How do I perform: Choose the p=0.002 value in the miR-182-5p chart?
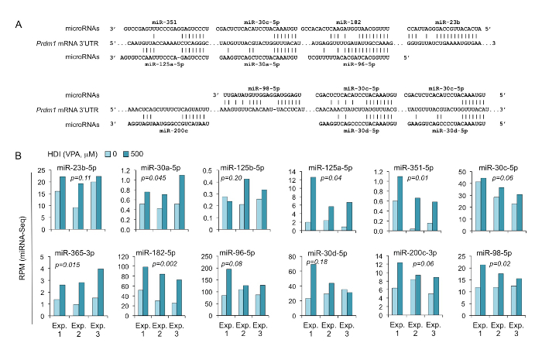152,264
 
